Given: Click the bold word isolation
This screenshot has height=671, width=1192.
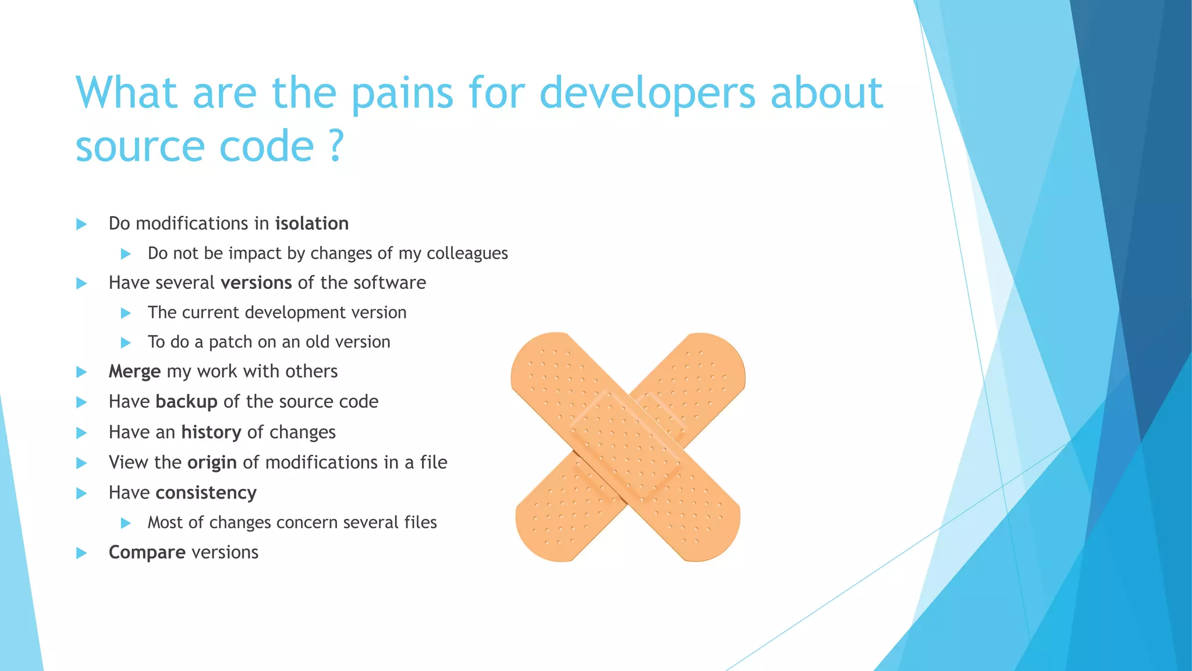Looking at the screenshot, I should (312, 224).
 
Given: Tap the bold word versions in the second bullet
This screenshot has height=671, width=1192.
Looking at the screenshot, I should (256, 283).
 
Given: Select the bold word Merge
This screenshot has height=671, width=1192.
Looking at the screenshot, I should (134, 372).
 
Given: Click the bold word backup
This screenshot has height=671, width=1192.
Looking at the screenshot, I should (186, 402).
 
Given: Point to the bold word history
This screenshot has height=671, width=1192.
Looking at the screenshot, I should (211, 432).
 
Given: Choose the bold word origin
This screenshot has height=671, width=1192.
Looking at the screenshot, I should (212, 462).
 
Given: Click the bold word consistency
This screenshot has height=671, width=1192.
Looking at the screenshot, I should (206, 493).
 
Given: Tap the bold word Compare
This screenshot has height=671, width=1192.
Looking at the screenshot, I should (147, 552).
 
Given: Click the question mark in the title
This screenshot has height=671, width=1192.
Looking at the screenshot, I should (336, 146).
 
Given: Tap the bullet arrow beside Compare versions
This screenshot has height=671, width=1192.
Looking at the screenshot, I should (81, 553).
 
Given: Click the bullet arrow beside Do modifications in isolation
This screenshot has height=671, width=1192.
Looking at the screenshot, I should (81, 224).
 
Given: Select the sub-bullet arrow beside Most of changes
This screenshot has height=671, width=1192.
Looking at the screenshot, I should (126, 523).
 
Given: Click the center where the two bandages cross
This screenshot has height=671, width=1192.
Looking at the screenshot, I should (627, 447).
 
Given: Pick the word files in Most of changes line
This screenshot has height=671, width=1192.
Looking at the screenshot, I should (420, 522).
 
